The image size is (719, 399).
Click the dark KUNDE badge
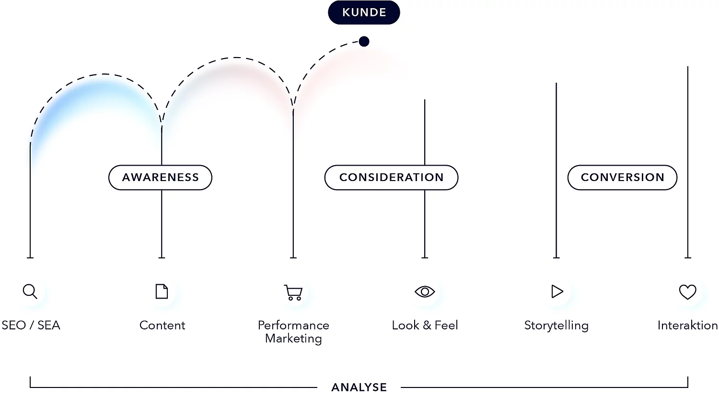click(364, 12)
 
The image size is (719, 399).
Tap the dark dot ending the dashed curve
click(364, 41)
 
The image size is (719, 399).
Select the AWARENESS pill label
click(160, 178)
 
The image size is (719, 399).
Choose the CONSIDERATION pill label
click(391, 178)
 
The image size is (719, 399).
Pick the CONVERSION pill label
click(622, 178)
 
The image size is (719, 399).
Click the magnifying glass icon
click(30, 291)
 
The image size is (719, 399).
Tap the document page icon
click(162, 291)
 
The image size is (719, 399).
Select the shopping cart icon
click(293, 292)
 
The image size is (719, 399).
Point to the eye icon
click(425, 291)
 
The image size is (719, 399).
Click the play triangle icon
click(557, 291)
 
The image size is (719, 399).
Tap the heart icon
click(687, 292)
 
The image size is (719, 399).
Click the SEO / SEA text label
click(31, 326)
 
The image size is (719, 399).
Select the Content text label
click(162, 326)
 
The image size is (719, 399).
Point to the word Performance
click(293, 326)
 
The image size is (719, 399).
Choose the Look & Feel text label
click(425, 326)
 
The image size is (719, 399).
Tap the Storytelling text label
click(556, 326)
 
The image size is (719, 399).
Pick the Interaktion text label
click(687, 326)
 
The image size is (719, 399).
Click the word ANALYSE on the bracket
click(359, 387)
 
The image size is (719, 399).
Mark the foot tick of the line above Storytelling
click(556, 257)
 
